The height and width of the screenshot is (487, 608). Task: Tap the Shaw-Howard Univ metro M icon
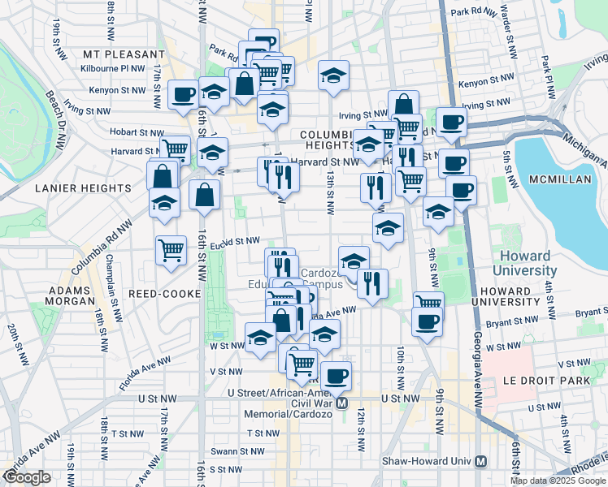481,461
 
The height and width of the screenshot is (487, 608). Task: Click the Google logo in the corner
28,477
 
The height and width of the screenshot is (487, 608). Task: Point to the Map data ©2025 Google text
558,481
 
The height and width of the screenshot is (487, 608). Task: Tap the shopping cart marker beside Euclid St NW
171,251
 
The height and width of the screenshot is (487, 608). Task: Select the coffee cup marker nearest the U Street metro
336,377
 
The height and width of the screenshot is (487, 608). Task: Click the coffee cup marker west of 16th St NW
183,94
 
